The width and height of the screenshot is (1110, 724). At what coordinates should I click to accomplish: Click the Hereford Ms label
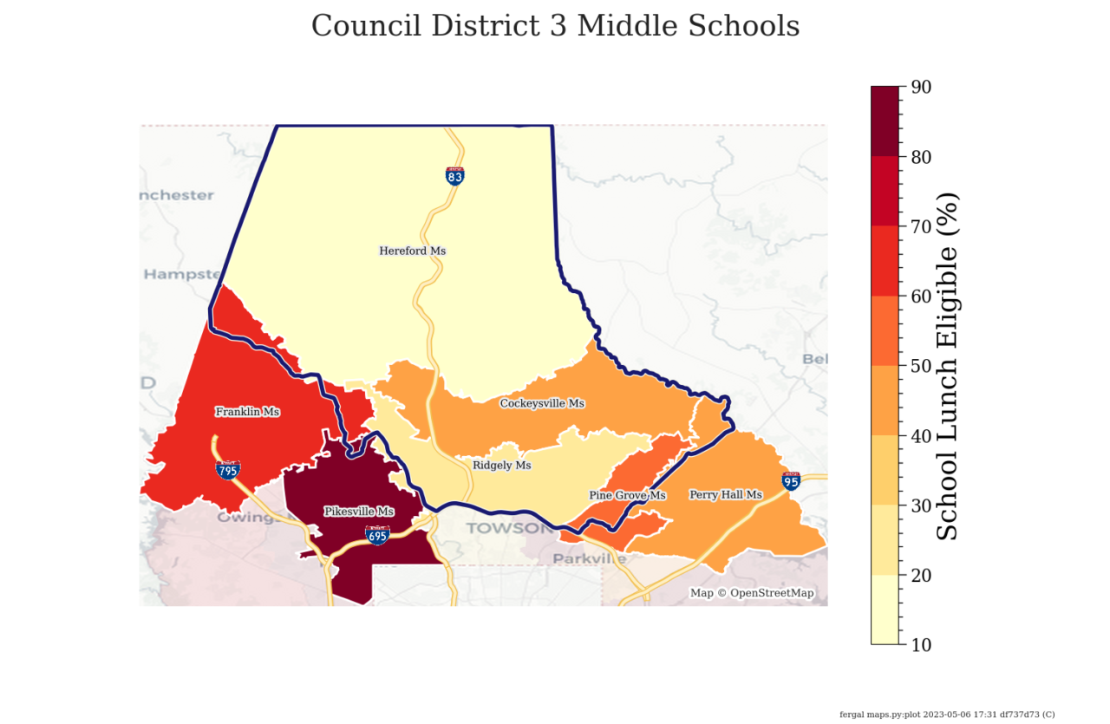[412, 251]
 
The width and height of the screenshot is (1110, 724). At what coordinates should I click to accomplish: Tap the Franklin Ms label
[247, 412]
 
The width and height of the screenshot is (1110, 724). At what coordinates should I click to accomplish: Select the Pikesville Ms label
[359, 512]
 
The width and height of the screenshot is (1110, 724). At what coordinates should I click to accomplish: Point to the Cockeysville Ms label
[542, 403]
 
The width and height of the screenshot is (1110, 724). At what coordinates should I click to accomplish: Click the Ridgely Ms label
[501, 466]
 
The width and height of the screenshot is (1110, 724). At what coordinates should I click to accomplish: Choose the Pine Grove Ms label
[627, 495]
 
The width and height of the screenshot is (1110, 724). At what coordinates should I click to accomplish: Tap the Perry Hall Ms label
[725, 495]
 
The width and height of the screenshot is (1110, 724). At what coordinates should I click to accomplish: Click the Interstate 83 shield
[454, 176]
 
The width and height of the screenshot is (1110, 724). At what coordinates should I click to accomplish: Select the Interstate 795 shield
[229, 470]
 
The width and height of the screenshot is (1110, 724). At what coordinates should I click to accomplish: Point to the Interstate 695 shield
[377, 535]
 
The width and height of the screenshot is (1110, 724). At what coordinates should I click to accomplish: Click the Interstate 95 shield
[791, 481]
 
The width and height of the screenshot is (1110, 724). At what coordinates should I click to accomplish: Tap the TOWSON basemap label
[497, 528]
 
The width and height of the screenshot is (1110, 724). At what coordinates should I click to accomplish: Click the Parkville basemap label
[590, 559]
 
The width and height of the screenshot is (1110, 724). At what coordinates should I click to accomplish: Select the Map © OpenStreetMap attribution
[752, 593]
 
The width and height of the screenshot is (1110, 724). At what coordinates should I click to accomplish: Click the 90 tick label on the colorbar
[921, 87]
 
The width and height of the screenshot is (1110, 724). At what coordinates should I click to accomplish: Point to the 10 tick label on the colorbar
[921, 644]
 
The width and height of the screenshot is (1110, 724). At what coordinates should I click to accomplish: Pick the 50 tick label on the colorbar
[921, 365]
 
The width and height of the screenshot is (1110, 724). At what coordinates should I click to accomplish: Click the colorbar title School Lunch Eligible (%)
[949, 365]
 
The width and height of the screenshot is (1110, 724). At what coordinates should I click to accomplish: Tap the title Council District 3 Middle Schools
[555, 26]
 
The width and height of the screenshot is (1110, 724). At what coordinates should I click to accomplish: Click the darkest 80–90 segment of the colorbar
[885, 121]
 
